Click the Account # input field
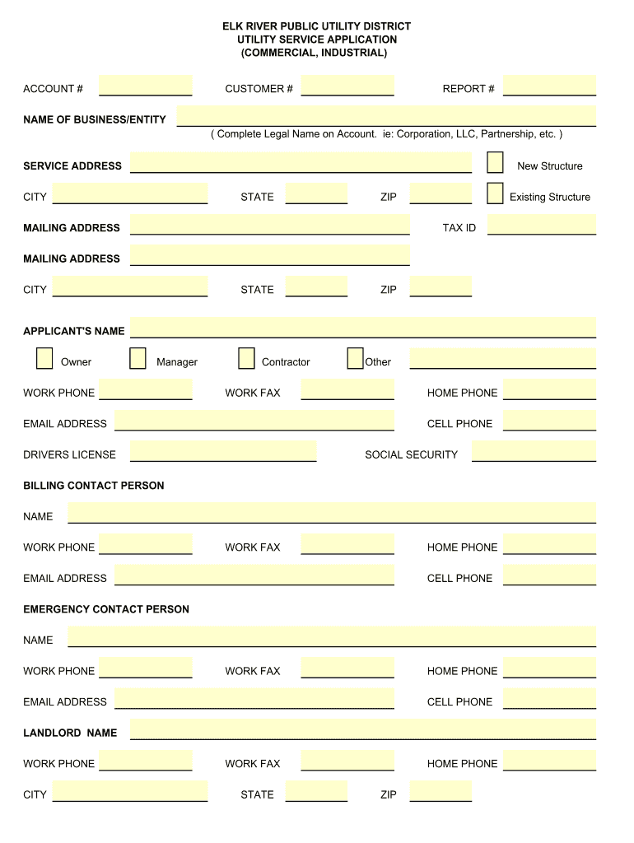145,86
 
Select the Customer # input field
347,86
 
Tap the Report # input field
549,86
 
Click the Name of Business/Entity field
386,116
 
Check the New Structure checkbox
495,162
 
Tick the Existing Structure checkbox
495,193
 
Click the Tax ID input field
541,225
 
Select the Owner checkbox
44,358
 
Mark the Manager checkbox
138,358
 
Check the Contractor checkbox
246,358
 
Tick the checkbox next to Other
355,358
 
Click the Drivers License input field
223,451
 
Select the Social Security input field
534,451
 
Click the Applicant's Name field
362,328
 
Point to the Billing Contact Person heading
94,486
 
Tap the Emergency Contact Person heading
106,609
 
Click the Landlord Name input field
362,729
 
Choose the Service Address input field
301,163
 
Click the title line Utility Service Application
317,40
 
